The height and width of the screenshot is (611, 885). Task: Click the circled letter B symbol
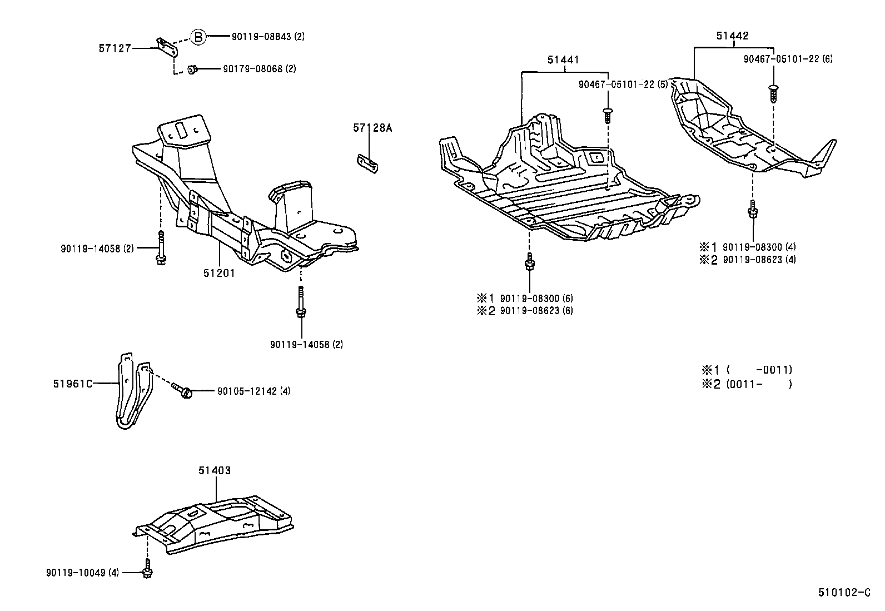click(198, 37)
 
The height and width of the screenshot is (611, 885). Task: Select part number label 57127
click(115, 48)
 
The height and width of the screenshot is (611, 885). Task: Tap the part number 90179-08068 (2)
click(259, 69)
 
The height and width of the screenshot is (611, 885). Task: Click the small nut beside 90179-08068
click(192, 69)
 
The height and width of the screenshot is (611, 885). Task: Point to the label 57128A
click(372, 128)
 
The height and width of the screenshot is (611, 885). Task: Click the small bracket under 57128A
click(367, 163)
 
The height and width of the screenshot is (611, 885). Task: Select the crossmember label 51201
click(220, 273)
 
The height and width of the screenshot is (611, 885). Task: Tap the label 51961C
click(73, 384)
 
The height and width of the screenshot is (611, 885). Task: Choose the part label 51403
click(215, 470)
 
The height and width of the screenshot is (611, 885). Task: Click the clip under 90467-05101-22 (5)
click(607, 116)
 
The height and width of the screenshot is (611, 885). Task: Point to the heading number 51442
click(732, 36)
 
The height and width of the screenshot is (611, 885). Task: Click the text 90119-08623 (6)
click(536, 311)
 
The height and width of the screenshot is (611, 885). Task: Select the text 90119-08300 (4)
click(759, 247)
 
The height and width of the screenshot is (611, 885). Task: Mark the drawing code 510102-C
click(843, 593)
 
